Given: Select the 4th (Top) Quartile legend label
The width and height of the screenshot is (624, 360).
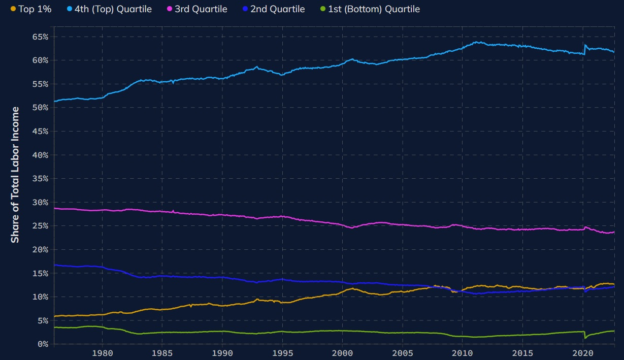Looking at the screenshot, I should pyautogui.click(x=113, y=9).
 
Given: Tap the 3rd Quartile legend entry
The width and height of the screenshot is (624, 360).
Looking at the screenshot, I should pyautogui.click(x=201, y=9).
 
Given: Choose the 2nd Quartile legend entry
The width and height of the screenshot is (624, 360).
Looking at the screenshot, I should pyautogui.click(x=284, y=9).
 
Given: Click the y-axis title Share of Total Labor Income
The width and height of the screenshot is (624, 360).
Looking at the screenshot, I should pyautogui.click(x=15, y=175).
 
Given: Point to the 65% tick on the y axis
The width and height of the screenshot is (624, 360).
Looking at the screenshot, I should pyautogui.click(x=40, y=37).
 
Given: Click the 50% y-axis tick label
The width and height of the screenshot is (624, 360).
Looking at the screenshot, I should pyautogui.click(x=40, y=108).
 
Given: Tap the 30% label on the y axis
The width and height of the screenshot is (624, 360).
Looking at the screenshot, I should pyautogui.click(x=40, y=202).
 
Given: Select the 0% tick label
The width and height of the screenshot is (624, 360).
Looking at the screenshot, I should pyautogui.click(x=42, y=344).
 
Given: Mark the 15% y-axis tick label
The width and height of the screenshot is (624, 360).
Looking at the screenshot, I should pyautogui.click(x=40, y=273).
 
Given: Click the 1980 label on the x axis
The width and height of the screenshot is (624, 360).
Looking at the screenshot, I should pyautogui.click(x=102, y=353).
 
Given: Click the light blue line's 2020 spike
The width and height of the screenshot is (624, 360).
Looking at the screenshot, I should pyautogui.click(x=585, y=45).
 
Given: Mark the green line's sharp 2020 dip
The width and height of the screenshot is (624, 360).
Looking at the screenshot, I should pyautogui.click(x=585, y=338).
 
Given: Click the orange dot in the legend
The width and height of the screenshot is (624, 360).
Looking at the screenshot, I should pyautogui.click(x=13, y=9).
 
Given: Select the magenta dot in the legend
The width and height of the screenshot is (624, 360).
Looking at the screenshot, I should pyautogui.click(x=170, y=9).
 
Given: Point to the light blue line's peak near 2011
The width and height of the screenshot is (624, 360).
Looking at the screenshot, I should pyautogui.click(x=477, y=42).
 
